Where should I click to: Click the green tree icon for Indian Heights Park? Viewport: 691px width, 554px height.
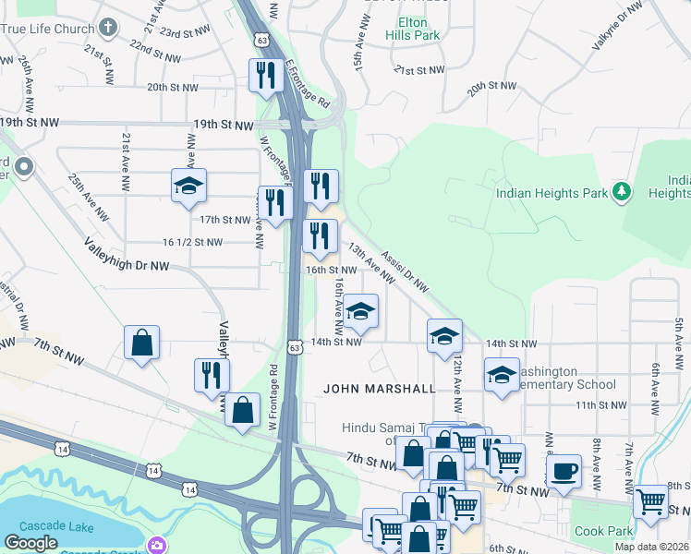[624, 192]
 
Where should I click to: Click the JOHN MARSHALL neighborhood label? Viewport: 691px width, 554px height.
[379, 389]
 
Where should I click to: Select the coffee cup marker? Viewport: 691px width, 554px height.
[564, 471]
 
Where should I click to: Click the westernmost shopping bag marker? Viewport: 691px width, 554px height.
[142, 343]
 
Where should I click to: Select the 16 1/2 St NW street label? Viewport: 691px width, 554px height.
[192, 242]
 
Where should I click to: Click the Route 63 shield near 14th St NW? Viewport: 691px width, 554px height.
[294, 348]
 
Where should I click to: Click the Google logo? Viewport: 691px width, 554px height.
[31, 543]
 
